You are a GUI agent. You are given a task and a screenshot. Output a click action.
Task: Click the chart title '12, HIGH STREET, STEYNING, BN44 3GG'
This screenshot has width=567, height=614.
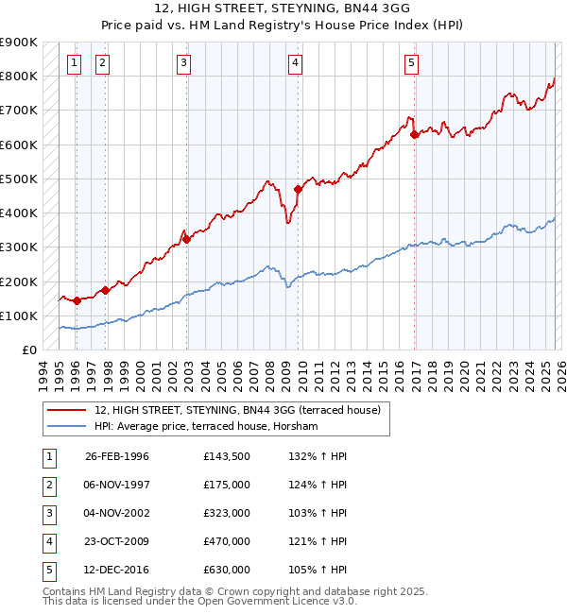pos(283,9)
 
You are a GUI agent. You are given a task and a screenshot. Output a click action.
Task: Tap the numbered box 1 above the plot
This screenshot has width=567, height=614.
pos(74,63)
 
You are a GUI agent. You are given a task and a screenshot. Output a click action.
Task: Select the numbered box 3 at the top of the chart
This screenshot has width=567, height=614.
pos(183,63)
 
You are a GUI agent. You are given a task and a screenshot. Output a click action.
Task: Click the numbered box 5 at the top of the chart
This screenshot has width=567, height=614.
pos(411,63)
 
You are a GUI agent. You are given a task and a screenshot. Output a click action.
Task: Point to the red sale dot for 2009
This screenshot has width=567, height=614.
pos(298,189)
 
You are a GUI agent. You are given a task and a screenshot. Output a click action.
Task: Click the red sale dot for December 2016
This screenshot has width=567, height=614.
pos(414,134)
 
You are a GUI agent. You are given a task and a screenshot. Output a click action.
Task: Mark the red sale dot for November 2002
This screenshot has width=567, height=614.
pos(186,239)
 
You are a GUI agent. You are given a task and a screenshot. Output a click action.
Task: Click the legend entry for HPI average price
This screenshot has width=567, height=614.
pos(206,426)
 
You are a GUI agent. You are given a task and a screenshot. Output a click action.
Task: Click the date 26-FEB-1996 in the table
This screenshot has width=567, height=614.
pos(117,456)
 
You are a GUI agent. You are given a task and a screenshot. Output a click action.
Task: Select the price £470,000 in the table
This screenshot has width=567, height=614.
pos(226,541)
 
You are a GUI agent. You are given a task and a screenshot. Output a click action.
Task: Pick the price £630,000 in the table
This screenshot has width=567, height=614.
pos(226,570)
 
